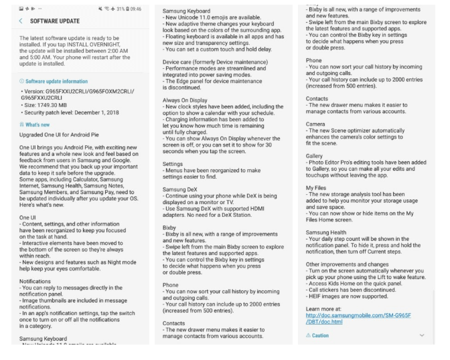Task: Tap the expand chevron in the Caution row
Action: click(x=421, y=353)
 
